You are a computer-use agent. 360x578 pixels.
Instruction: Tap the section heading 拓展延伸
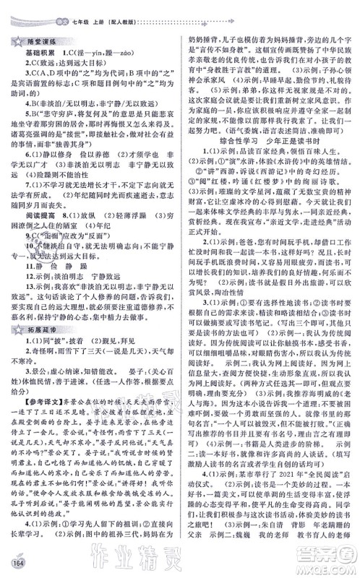[36, 331]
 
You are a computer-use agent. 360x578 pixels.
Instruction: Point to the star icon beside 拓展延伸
[14, 331]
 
